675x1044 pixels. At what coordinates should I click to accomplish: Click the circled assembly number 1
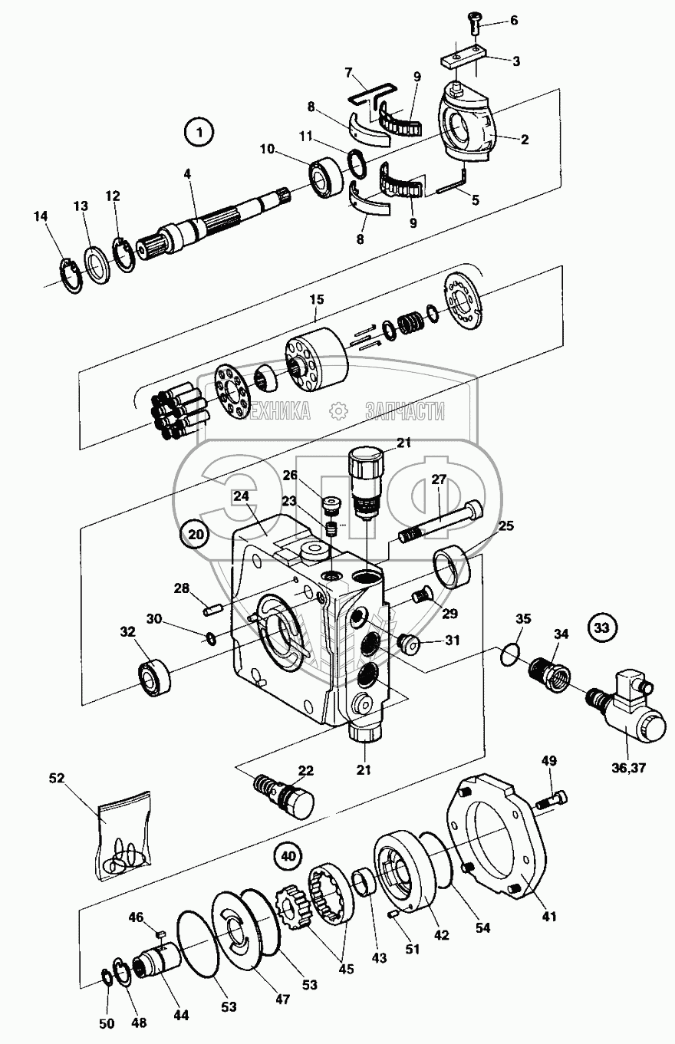click(x=199, y=133)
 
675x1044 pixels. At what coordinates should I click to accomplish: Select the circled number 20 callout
click(x=195, y=535)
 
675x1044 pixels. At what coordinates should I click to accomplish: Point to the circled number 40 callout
click(x=288, y=855)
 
